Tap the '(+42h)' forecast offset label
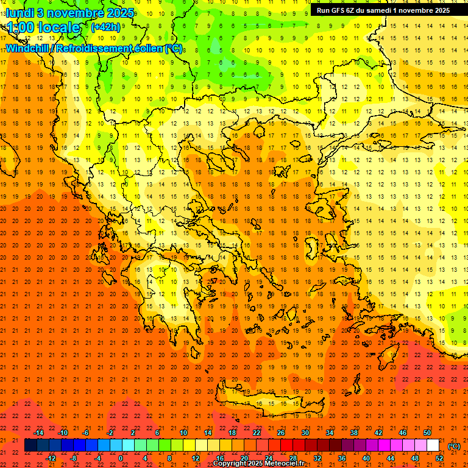coord(105,27)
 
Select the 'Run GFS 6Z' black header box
coord(383,10)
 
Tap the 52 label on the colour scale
coord(439,458)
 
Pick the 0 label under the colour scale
coord(121,458)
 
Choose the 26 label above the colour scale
coord(280,433)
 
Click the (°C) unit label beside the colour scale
coord(454,446)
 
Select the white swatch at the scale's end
coord(433,445)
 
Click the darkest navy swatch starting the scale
coord(30,445)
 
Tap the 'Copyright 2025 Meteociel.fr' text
coord(258,464)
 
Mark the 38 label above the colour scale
coord(353,433)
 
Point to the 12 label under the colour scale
coord(195,458)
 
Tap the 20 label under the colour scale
coord(244,458)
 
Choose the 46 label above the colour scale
coord(402,433)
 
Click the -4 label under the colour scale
coord(97,458)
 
